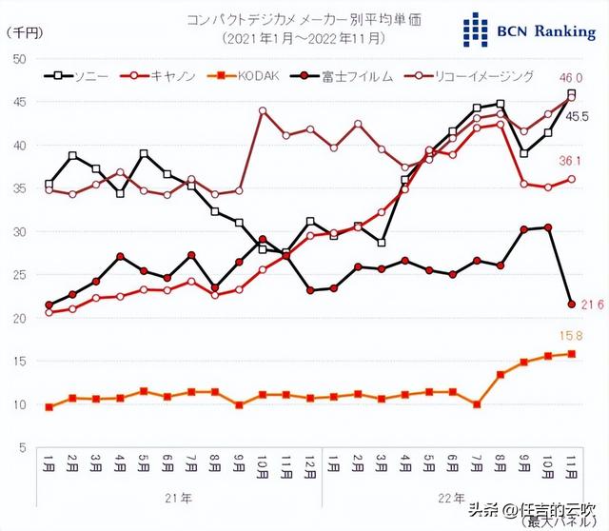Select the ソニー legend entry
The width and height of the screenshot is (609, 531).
click(81, 75)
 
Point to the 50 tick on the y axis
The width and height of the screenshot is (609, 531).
click(18, 59)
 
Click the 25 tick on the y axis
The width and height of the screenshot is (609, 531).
click(18, 275)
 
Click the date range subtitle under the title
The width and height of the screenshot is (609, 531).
click(304, 39)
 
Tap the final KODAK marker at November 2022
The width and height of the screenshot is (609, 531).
click(571, 354)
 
